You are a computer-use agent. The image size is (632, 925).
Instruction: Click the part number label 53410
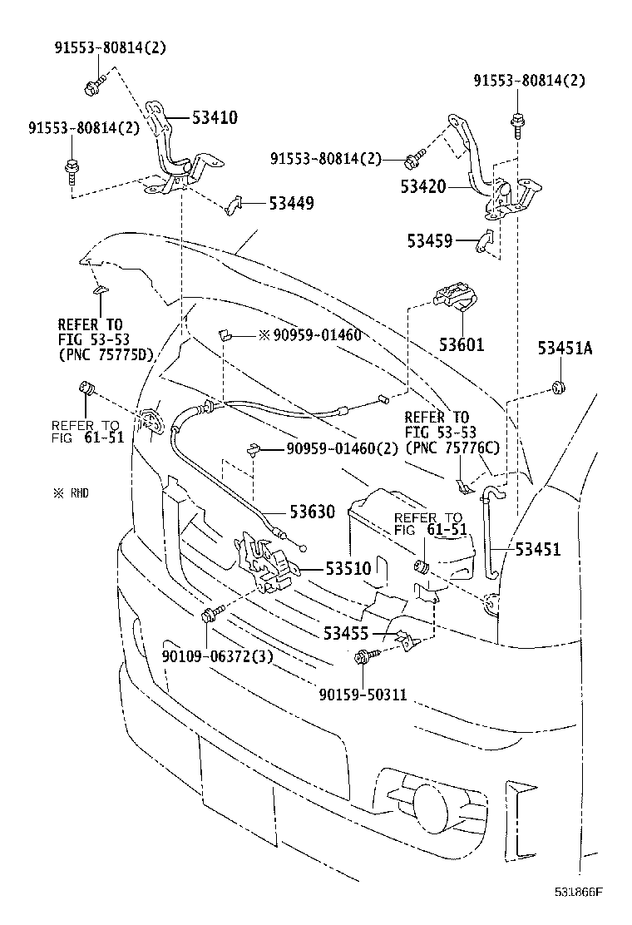click(215, 118)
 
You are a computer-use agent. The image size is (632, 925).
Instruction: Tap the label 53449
click(290, 202)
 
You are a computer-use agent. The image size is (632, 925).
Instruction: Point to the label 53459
click(430, 241)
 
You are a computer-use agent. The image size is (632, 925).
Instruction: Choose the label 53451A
click(565, 349)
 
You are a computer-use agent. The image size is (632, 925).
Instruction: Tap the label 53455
click(347, 634)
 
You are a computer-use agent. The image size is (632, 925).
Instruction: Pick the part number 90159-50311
click(363, 693)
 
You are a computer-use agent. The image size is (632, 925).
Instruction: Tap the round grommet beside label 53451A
click(557, 388)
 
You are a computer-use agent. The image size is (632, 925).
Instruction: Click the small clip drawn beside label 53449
click(234, 203)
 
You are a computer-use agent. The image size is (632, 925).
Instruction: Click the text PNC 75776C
click(452, 448)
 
